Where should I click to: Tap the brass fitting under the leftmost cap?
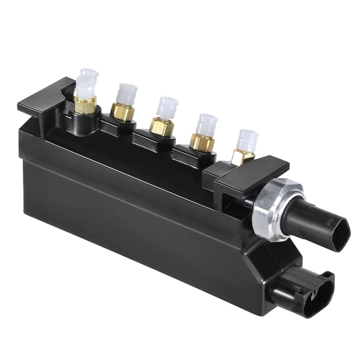85,106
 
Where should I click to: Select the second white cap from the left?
127,94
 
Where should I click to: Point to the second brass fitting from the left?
122,112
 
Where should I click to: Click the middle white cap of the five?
167,107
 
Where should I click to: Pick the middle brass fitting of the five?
161,127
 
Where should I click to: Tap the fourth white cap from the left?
206,124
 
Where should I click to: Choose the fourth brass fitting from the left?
202,142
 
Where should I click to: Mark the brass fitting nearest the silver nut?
242,157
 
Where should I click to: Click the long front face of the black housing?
132,216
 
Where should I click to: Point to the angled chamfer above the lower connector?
264,258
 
